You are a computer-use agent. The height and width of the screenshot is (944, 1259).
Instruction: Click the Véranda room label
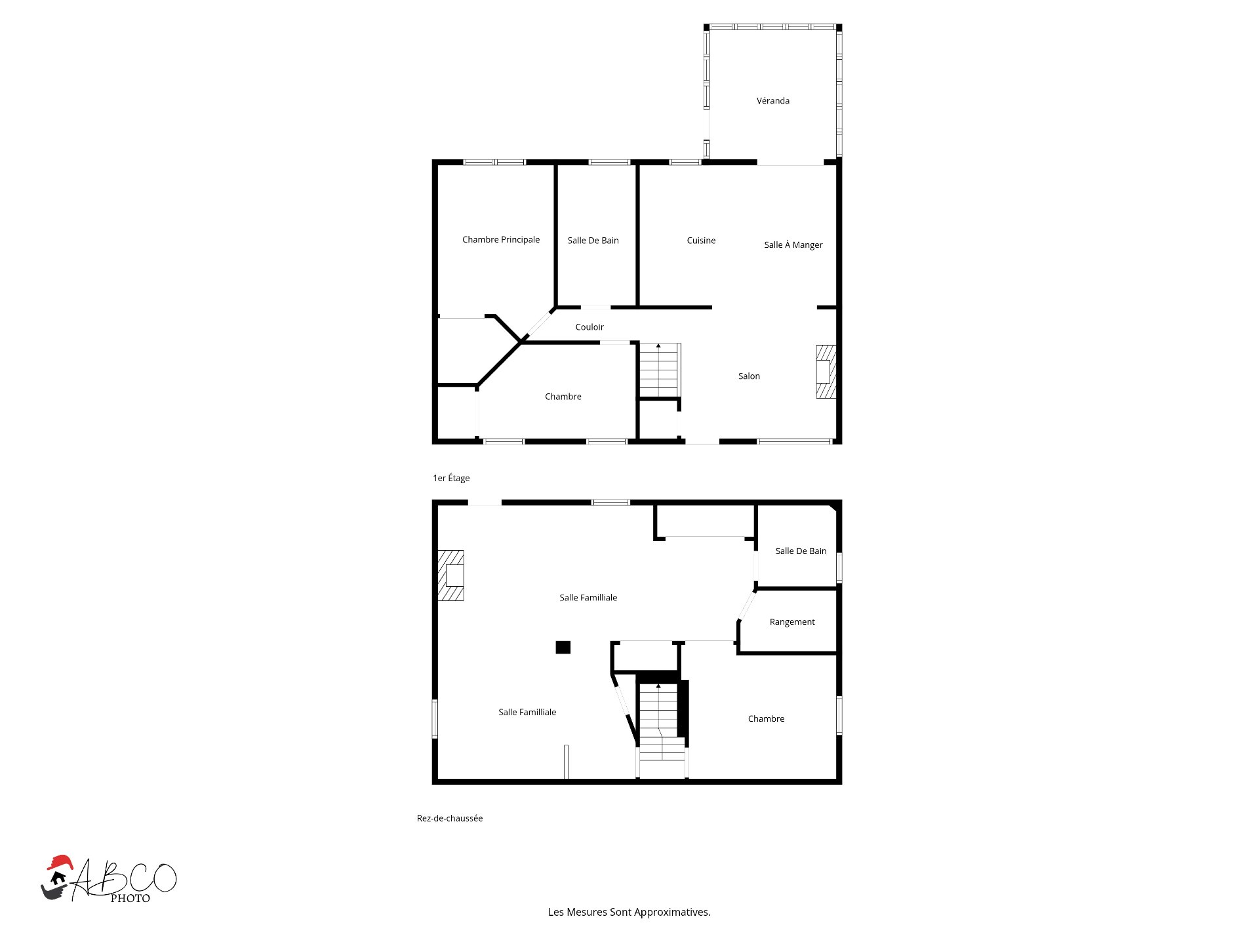point(772,101)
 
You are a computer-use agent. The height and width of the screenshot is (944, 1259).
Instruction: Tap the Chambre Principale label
point(500,240)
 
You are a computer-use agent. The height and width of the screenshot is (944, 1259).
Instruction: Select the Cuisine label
point(701,241)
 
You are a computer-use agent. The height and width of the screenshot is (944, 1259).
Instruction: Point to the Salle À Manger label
point(793,245)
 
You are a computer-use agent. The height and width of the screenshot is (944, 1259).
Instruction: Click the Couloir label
point(589,327)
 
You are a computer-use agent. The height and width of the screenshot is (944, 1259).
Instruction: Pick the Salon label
point(749,376)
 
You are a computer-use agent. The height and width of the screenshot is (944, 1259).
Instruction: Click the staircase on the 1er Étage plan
point(658,370)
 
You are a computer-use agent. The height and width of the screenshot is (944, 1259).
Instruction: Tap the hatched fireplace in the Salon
point(826,372)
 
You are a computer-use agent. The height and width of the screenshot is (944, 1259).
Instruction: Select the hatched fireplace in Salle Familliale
point(451,576)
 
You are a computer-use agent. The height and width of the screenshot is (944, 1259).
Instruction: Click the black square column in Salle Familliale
point(563,648)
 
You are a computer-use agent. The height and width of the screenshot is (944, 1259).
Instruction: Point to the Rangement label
point(792,622)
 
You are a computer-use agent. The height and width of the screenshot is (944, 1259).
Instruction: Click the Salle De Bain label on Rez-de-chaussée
point(801,551)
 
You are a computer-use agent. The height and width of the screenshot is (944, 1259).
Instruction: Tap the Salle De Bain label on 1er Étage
point(593,241)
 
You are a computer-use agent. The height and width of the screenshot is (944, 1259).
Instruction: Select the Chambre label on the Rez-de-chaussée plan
point(766,719)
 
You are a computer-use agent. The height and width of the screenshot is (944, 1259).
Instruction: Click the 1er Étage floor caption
point(451,478)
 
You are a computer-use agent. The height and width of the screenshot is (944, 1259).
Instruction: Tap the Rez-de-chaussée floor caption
point(450,818)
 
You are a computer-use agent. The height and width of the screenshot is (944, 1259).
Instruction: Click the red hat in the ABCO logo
point(60,862)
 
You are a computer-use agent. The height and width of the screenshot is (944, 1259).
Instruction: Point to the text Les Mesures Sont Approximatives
point(629,912)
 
